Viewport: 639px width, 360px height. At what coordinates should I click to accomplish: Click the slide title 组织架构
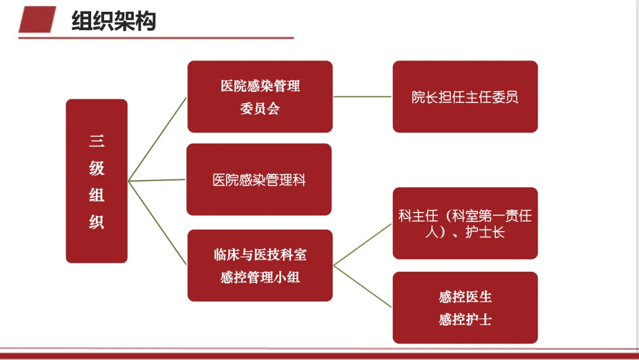click(114, 21)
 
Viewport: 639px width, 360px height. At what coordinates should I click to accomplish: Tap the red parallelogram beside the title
click(37, 19)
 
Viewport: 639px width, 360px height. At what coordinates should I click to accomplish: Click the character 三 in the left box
click(96, 141)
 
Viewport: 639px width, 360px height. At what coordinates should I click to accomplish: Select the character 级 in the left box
click(96, 168)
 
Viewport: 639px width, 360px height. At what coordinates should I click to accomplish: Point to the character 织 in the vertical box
click(96, 222)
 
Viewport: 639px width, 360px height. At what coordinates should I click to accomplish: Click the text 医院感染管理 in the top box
click(260, 86)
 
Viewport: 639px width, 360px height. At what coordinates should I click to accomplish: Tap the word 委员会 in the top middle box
click(260, 109)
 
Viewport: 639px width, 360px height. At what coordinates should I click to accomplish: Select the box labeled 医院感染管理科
click(259, 179)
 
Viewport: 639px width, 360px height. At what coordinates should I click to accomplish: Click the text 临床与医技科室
click(260, 255)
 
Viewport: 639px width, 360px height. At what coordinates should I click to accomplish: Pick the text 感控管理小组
click(260, 278)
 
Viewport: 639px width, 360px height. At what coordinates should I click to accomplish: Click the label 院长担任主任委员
click(465, 97)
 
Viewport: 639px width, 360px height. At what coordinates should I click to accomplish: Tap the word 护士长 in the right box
click(485, 232)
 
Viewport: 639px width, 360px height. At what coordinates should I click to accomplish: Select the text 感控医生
click(465, 297)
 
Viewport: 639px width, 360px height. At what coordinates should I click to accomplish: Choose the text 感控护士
click(465, 320)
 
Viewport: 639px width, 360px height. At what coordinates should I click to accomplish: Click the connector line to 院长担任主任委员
click(363, 97)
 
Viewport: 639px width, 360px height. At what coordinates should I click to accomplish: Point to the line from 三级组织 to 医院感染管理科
click(157, 180)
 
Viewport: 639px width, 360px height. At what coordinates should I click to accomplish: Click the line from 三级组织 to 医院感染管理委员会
click(157, 139)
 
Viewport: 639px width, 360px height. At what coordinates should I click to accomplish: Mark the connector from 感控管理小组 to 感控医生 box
click(363, 286)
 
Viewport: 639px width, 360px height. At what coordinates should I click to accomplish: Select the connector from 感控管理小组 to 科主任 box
click(363, 245)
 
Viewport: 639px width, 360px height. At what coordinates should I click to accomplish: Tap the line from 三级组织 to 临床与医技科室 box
click(157, 223)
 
